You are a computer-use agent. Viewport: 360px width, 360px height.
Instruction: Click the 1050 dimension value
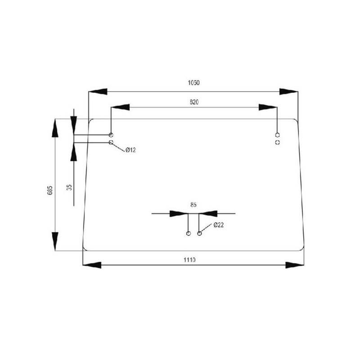click(194, 83)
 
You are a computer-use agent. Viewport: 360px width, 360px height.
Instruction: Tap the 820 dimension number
click(194, 102)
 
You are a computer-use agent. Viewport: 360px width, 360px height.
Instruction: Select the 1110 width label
click(189, 260)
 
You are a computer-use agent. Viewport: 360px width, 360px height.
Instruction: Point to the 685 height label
click(50, 190)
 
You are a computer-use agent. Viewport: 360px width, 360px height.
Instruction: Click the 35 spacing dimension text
click(69, 187)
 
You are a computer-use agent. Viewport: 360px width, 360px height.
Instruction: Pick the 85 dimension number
click(193, 205)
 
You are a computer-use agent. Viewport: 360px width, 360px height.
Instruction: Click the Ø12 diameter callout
click(130, 150)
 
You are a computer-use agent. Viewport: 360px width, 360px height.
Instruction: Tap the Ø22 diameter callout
click(219, 225)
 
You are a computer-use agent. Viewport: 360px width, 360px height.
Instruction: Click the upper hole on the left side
click(111, 135)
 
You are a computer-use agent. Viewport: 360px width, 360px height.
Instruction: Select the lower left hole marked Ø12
click(111, 142)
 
